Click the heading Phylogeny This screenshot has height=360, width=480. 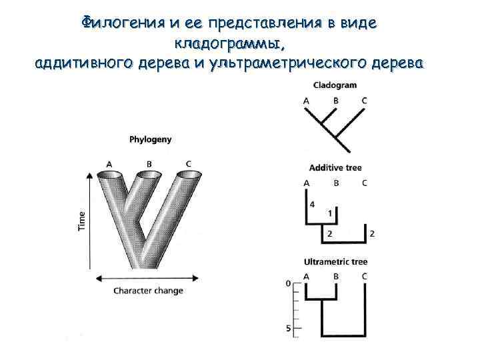pyautogui.click(x=150, y=139)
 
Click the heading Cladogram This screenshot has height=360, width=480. pyautogui.click(x=335, y=85)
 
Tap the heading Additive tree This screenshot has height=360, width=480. pyautogui.click(x=335, y=167)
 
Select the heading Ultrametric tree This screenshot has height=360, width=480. pyautogui.click(x=335, y=262)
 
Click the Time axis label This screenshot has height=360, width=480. pyautogui.click(x=82, y=221)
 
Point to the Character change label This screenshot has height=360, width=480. pyautogui.click(x=148, y=291)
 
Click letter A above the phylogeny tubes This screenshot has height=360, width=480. pyautogui.click(x=109, y=164)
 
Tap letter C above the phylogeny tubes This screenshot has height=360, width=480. pyautogui.click(x=189, y=164)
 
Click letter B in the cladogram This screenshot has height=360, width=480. pyautogui.click(x=336, y=101)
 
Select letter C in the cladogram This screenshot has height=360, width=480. pyautogui.click(x=364, y=101)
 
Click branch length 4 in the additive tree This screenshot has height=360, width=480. pyautogui.click(x=313, y=204)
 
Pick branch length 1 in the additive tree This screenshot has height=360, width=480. pyautogui.click(x=331, y=213)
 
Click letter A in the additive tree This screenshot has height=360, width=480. pyautogui.click(x=307, y=183)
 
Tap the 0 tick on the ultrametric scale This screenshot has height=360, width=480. pyautogui.click(x=289, y=283)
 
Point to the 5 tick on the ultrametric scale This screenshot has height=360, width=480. pyautogui.click(x=289, y=329)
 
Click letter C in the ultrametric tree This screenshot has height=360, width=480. pyautogui.click(x=364, y=276)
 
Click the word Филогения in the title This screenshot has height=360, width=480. pyautogui.click(x=119, y=23)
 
